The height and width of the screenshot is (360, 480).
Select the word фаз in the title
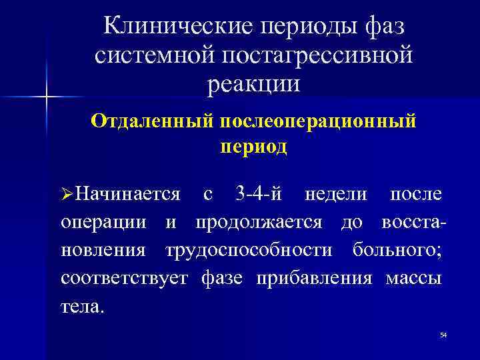tap(385, 26)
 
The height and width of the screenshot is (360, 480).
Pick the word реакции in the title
tap(254, 84)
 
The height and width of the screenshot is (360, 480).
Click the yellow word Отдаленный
tap(150, 122)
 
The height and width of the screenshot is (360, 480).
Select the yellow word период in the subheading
tap(254, 146)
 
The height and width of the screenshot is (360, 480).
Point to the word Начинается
tap(127, 194)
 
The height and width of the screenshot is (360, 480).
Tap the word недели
tap(335, 194)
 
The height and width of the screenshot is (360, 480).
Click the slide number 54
tap(443, 334)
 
